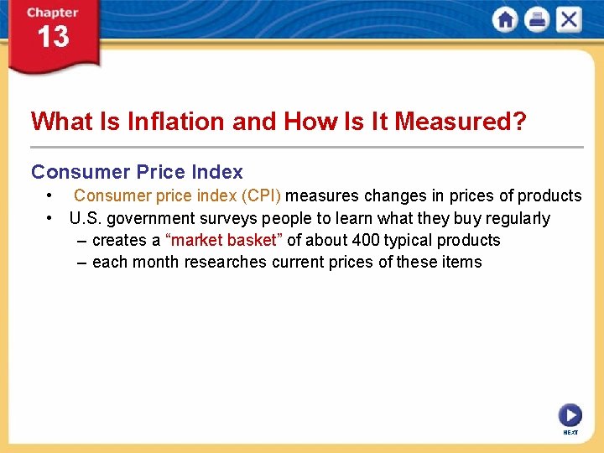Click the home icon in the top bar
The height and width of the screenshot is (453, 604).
coord(505,20)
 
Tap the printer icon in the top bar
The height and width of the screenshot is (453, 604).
coord(537,20)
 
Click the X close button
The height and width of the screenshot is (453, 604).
coord(569,20)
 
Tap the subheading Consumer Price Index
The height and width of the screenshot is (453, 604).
coord(137,172)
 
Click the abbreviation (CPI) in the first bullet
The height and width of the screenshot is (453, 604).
coord(261,196)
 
